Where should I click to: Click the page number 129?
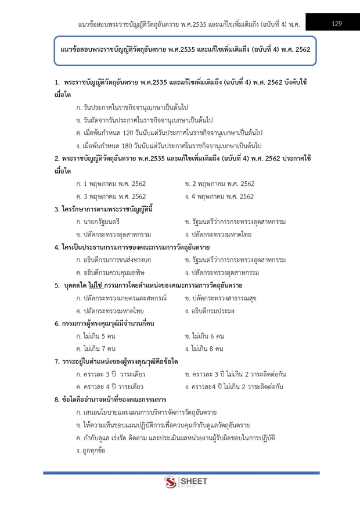point(336,24)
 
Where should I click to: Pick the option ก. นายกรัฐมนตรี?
point(98,222)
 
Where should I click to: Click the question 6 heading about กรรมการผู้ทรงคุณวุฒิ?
point(108,324)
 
